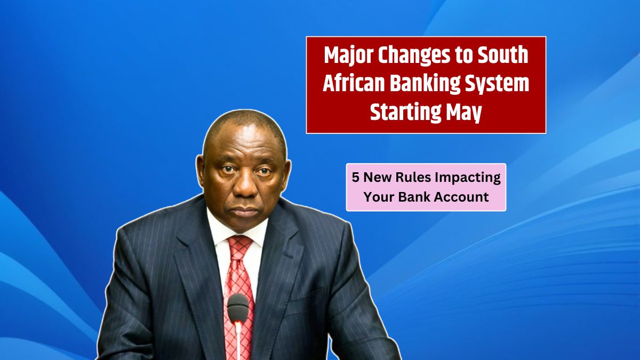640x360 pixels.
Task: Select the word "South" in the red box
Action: [499, 56]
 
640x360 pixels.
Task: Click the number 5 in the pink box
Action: [355, 178]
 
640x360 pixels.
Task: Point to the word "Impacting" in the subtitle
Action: [472, 178]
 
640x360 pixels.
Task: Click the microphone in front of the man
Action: [238, 307]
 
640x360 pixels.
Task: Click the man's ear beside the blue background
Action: [201, 170]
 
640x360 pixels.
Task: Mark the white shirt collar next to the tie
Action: [220, 232]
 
